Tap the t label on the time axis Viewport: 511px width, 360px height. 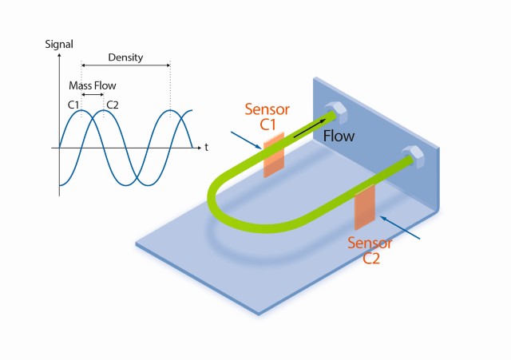[x=205, y=148]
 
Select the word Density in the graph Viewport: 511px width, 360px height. [x=125, y=57]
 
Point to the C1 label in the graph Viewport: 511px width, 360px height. [x=74, y=105]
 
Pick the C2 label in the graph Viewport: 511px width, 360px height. [x=113, y=105]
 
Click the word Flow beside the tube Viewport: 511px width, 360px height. [x=339, y=136]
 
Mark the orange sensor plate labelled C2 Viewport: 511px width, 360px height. [x=364, y=204]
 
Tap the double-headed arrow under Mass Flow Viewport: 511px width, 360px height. [x=93, y=94]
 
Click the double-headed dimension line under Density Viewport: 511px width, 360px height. [x=125, y=66]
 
